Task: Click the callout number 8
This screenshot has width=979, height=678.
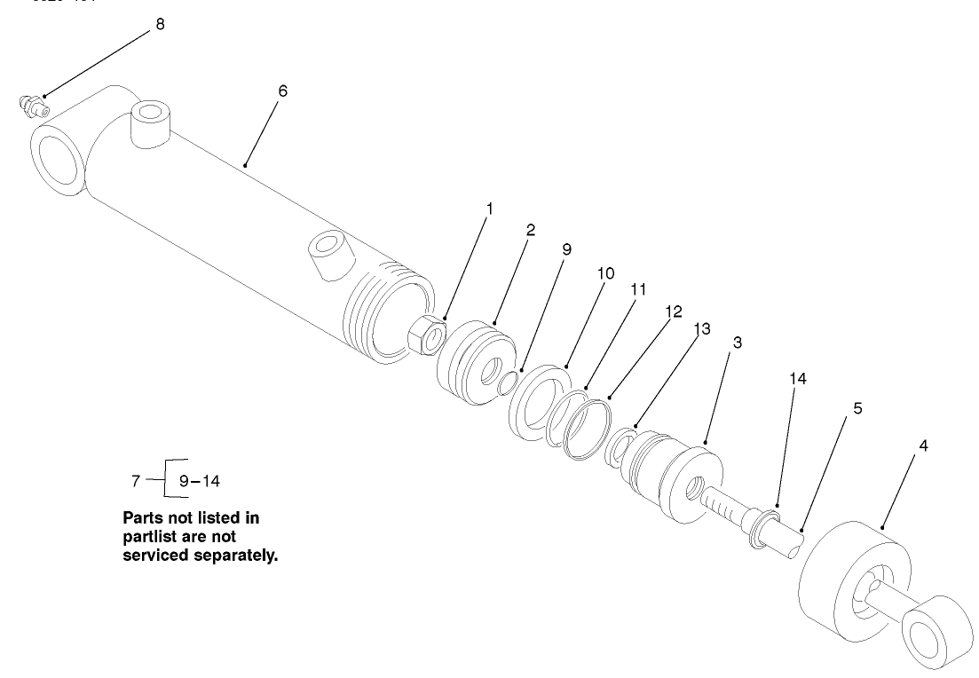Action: [160, 24]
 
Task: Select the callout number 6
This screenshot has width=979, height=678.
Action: [282, 91]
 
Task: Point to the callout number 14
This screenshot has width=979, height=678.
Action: [798, 378]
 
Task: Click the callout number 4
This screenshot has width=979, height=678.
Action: [923, 446]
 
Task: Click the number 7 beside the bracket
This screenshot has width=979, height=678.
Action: [136, 481]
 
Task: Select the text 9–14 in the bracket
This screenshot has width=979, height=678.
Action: [199, 481]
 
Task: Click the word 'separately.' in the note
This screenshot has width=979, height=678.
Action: [234, 556]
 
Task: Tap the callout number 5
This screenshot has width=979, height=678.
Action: [857, 408]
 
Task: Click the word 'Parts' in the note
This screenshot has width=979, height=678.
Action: [142, 517]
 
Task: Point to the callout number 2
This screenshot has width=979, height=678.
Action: [531, 230]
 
